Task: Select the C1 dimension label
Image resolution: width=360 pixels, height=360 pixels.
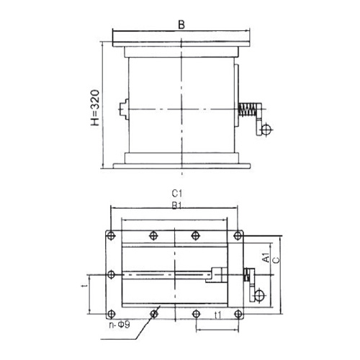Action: [x=176, y=194]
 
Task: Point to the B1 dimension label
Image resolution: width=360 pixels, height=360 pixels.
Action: [x=176, y=204]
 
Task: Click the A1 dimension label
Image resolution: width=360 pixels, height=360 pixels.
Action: [x=266, y=257]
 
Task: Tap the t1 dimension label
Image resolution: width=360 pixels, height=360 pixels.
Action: [x=217, y=314]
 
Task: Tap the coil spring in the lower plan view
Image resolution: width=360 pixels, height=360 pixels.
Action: [x=248, y=275]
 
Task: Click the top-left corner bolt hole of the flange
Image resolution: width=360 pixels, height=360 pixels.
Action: [x=110, y=235]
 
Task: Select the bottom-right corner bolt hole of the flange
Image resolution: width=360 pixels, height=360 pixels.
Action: [x=239, y=313]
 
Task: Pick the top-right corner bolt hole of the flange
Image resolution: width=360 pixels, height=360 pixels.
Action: [x=239, y=235]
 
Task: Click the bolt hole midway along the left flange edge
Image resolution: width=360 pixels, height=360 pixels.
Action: [x=110, y=274]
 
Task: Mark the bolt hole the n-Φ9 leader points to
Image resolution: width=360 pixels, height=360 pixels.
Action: [x=153, y=313]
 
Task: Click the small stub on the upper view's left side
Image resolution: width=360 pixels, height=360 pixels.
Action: [x=125, y=108]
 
